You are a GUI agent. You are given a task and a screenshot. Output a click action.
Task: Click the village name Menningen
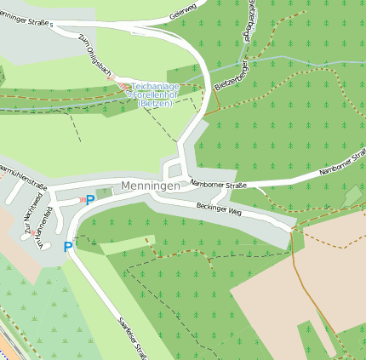[x=151, y=186]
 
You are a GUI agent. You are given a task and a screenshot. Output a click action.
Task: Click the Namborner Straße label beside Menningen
[x=219, y=184]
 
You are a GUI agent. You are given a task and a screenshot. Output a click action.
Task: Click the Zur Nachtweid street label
[x=33, y=213]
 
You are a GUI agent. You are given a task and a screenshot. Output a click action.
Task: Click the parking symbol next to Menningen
[x=90, y=200]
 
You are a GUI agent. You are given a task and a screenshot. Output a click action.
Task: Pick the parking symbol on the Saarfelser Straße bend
[x=68, y=247]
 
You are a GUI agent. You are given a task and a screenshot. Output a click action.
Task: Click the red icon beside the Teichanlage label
[x=125, y=86]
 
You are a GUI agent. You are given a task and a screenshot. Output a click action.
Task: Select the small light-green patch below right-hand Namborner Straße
[x=352, y=197]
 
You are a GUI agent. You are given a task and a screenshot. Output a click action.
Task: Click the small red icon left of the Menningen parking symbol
[x=82, y=199]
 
